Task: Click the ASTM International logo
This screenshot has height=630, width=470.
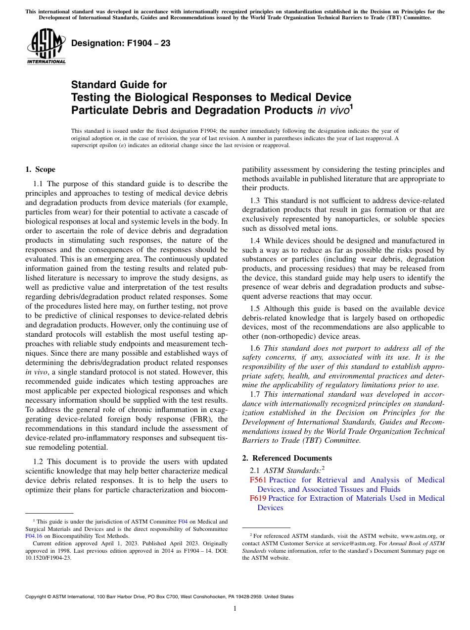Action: (x=46, y=47)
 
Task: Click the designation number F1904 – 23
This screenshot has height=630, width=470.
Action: (x=121, y=43)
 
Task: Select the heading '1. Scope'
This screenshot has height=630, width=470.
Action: (x=41, y=169)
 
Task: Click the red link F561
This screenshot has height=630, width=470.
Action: (x=258, y=480)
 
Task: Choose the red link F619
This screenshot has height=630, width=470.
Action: (x=258, y=498)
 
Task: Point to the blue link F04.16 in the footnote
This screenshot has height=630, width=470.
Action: (x=34, y=536)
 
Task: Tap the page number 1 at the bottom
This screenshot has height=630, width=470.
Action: (x=235, y=609)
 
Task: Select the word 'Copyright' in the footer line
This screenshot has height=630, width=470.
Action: (x=39, y=597)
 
